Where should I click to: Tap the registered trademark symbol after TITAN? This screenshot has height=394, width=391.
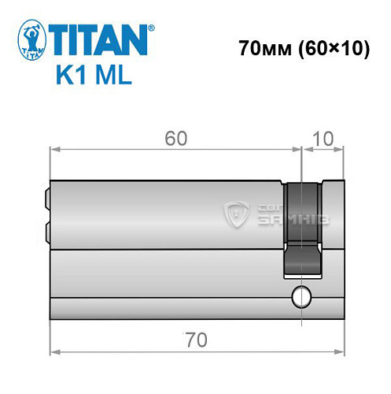pos(152,28)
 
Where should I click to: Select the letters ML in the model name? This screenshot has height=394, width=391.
pos(113,76)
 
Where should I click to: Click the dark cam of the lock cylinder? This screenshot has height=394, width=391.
pos(303,229)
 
